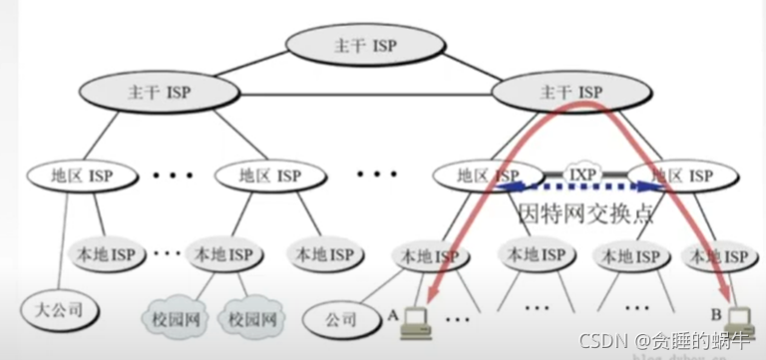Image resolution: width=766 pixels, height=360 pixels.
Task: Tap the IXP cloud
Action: click(581, 174)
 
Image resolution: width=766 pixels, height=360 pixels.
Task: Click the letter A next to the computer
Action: click(395, 313)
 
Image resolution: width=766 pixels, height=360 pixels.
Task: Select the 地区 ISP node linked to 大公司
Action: click(83, 176)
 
